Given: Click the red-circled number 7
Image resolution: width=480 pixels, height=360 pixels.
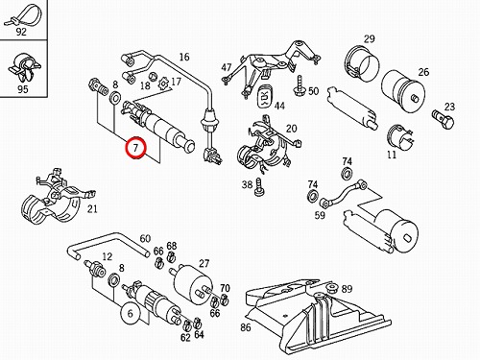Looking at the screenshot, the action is pyautogui.click(x=136, y=148).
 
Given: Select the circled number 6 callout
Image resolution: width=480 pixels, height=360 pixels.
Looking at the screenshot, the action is pyautogui.click(x=131, y=313).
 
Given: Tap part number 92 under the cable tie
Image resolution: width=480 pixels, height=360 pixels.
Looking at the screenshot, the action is pyautogui.click(x=21, y=32).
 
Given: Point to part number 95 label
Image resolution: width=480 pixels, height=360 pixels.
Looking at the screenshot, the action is pyautogui.click(x=22, y=89).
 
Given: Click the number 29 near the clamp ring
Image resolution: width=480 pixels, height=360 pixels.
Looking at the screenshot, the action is pyautogui.click(x=370, y=38).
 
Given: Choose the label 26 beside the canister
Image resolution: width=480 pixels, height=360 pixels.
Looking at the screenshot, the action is pyautogui.click(x=423, y=72).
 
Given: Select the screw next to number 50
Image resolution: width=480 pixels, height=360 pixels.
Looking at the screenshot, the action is pyautogui.click(x=300, y=85).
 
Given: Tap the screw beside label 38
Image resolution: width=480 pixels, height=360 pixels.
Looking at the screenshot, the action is pyautogui.click(x=258, y=188).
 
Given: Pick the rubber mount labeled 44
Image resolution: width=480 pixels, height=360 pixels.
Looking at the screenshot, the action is pyautogui.click(x=265, y=95).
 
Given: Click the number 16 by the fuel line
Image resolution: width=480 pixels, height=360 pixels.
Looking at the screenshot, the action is pyautogui.click(x=184, y=57).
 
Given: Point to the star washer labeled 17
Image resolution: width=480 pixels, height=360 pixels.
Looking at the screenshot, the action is pyautogui.click(x=163, y=84).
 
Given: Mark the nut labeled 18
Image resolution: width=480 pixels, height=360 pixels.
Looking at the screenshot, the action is pyautogui.click(x=154, y=77).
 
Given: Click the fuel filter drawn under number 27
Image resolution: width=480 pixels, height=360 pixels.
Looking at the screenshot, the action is pyautogui.click(x=192, y=282).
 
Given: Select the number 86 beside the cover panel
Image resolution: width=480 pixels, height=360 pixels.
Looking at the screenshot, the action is pyautogui.click(x=246, y=327).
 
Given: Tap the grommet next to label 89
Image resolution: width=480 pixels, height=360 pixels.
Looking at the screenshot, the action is pyautogui.click(x=333, y=287).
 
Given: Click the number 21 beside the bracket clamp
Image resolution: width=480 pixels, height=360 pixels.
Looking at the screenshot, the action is pyautogui.click(x=92, y=209).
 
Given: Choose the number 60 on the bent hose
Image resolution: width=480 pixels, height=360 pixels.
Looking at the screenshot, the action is pyautogui.click(x=145, y=238).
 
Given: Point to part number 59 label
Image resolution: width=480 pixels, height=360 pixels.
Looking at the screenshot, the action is pyautogui.click(x=320, y=215).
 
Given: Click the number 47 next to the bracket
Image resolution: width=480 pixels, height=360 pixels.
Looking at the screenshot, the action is pyautogui.click(x=227, y=67).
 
